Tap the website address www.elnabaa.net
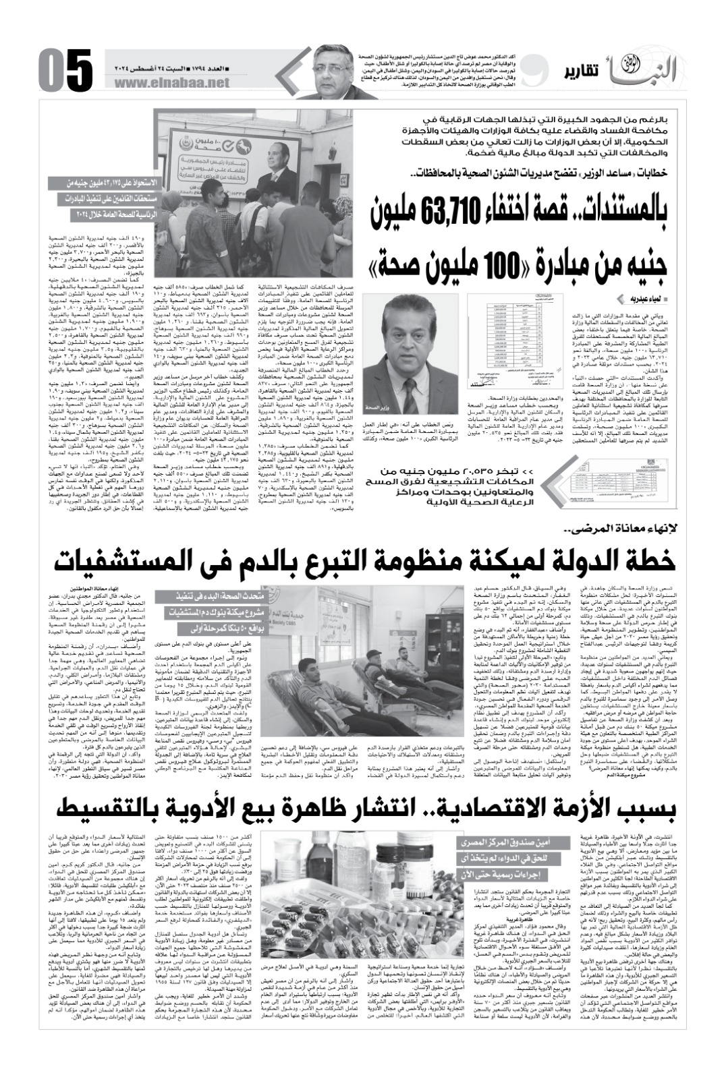click(173, 83)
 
